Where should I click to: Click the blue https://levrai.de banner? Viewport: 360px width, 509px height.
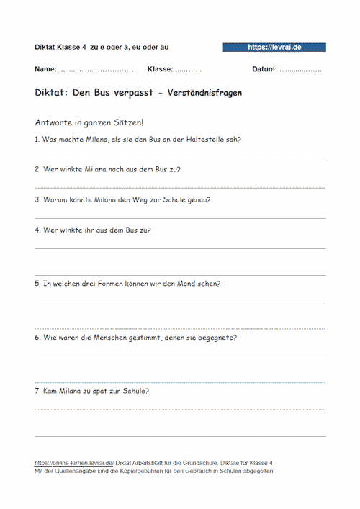[x=274, y=47]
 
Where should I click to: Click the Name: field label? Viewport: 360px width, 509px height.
[x=45, y=70]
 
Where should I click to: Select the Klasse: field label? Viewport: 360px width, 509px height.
[x=160, y=70]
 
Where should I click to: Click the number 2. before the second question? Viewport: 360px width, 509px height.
[x=37, y=169]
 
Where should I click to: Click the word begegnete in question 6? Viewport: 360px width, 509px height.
[x=220, y=337]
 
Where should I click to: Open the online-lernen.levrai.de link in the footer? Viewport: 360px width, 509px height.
[x=73, y=463]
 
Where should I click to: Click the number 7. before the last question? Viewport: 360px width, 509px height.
[x=37, y=391]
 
